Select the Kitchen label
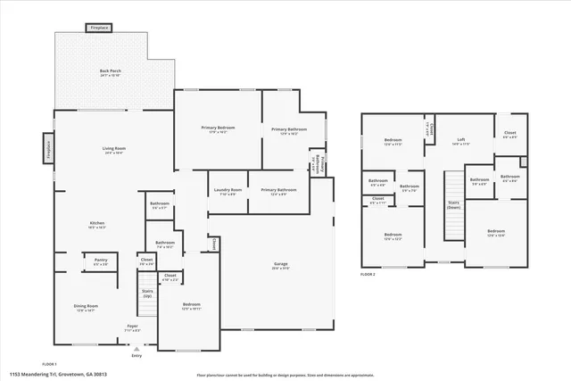[x=97, y=225]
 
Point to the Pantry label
[x=101, y=261]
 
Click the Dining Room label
[x=86, y=308]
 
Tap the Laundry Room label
[x=227, y=191]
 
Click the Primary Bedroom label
[x=218, y=130]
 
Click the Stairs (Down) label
[x=453, y=205]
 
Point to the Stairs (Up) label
[x=147, y=294]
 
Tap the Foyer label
[x=131, y=327]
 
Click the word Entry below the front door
[x=137, y=356]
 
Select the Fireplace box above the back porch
[x=99, y=29]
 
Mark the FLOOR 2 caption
[x=368, y=275]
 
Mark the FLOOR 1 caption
[x=50, y=364]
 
